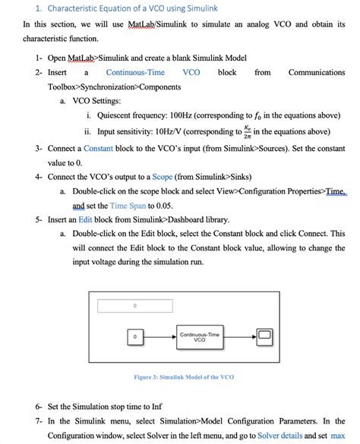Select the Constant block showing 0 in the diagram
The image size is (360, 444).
tap(134, 335)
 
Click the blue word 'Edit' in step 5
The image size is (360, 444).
tap(87, 220)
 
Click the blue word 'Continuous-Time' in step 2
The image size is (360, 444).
tap(135, 73)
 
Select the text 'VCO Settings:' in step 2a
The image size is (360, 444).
tap(96, 101)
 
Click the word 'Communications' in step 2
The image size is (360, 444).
tap(317, 73)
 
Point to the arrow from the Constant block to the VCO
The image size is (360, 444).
tap(159, 335)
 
